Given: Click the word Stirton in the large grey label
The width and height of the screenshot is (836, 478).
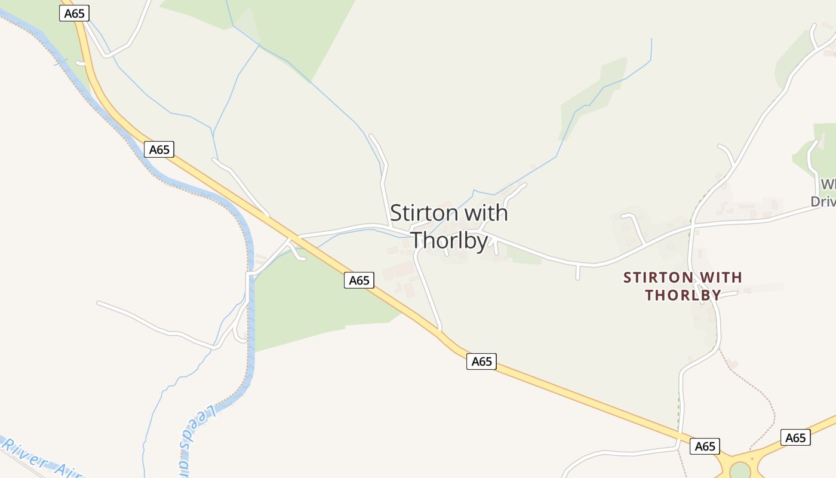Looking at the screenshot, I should (x=425, y=213).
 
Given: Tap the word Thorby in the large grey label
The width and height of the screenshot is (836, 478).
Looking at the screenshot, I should (x=450, y=240).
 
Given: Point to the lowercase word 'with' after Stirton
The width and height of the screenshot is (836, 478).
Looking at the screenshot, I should (x=486, y=213).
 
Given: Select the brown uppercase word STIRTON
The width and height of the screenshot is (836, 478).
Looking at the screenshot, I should (x=658, y=278).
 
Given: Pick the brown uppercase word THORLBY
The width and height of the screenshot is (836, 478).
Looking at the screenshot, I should (x=683, y=295).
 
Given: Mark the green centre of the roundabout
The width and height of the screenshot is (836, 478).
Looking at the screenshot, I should (x=740, y=471).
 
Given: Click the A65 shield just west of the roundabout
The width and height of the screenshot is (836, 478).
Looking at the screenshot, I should (x=705, y=446).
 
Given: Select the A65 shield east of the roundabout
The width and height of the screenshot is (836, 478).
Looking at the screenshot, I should (x=795, y=438).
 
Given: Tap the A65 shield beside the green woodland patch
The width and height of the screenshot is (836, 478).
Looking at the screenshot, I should (x=359, y=280).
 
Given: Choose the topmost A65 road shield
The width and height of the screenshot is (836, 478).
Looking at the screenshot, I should (x=74, y=13).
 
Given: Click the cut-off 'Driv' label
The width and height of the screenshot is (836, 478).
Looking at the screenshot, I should (x=823, y=201).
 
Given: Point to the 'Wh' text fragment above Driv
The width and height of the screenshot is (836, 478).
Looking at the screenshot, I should (x=828, y=184).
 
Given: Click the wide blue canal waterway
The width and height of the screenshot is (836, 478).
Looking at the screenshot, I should (x=249, y=311).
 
